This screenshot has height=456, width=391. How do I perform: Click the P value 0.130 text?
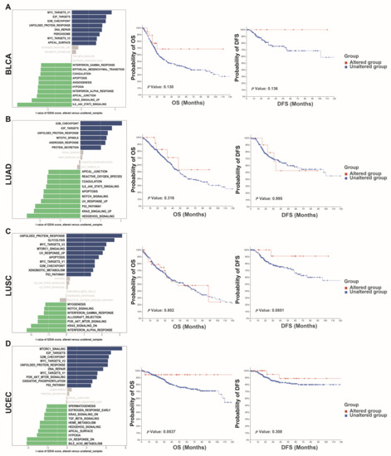163,86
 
